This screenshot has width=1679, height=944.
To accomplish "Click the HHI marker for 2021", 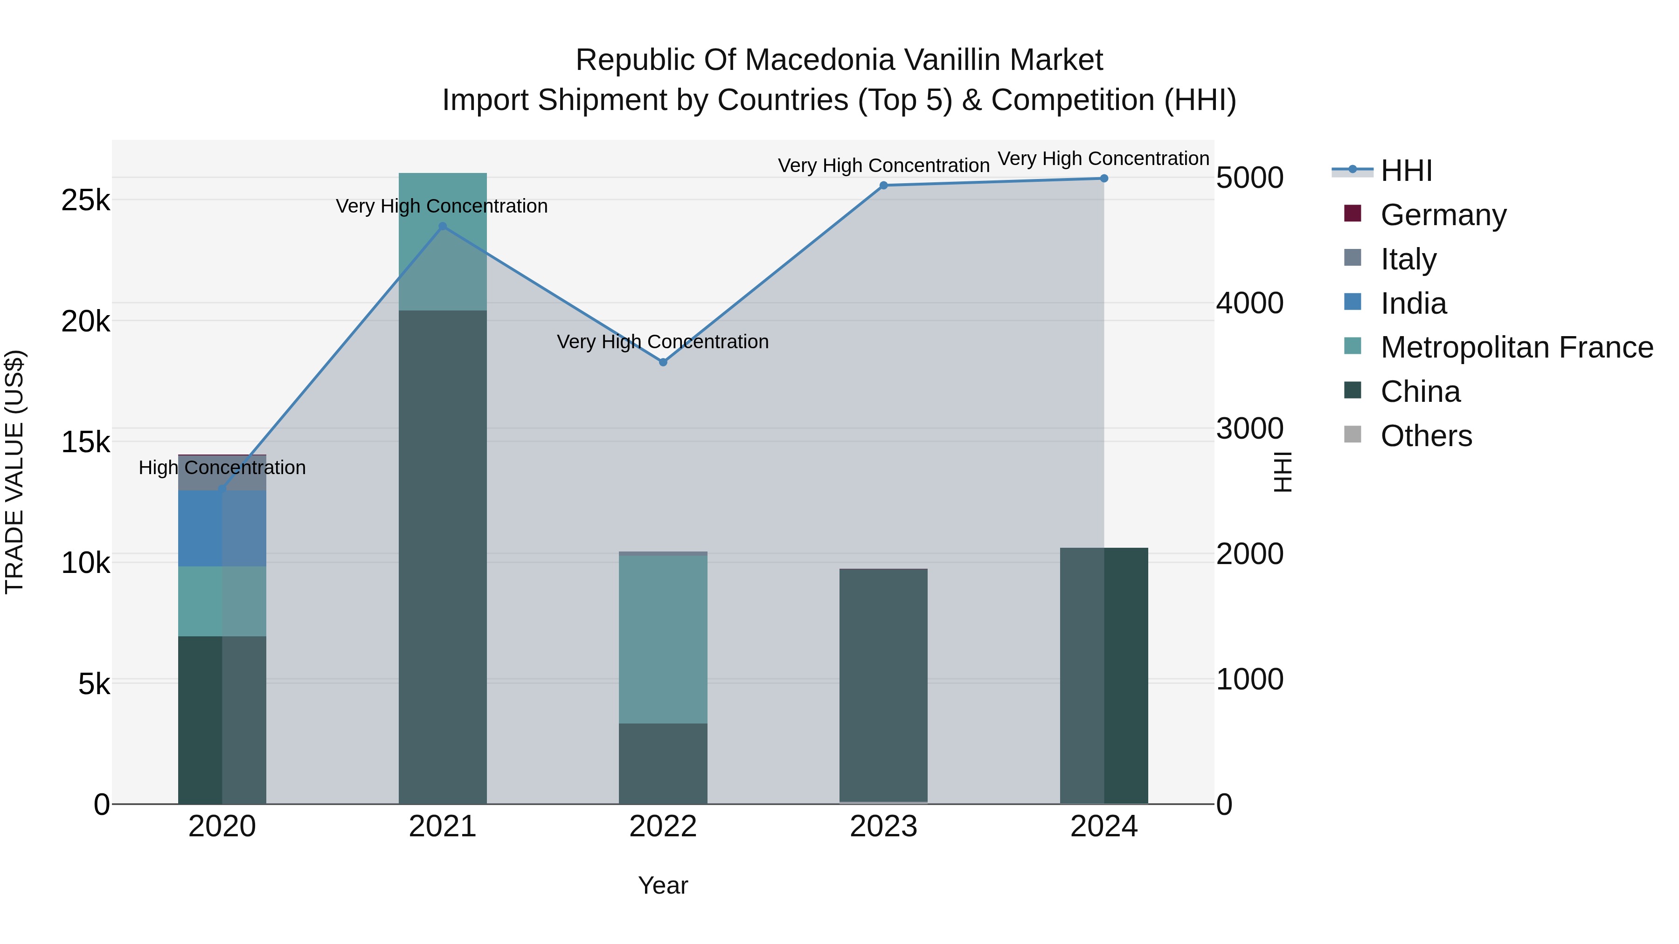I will click(443, 226).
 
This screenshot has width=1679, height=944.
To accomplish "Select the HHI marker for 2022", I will click(663, 362).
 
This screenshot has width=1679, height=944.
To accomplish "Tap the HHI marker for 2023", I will click(884, 186).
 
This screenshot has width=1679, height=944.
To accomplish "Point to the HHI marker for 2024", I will click(1104, 179).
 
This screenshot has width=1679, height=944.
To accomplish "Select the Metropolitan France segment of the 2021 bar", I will click(443, 241).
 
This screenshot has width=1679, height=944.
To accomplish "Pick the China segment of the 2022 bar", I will click(663, 764).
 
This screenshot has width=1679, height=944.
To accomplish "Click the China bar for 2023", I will click(883, 684).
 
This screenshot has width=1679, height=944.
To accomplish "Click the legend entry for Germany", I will click(1443, 215).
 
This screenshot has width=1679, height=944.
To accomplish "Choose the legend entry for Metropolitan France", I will click(1516, 347).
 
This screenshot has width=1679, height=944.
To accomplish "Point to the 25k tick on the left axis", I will click(85, 200).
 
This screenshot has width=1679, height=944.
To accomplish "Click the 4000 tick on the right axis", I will click(1249, 303).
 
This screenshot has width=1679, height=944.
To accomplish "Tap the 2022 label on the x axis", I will click(663, 827).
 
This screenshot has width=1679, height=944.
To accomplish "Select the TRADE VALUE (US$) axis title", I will click(14, 472).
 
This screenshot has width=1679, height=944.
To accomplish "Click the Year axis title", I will click(663, 885).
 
